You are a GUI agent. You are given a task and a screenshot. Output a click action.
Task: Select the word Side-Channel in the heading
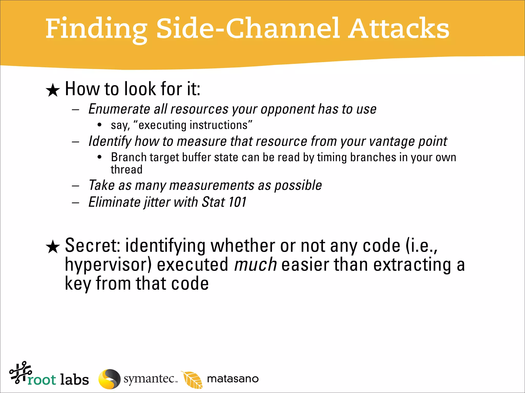[x=247, y=29]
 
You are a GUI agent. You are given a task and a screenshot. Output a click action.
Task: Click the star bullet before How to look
[x=53, y=90]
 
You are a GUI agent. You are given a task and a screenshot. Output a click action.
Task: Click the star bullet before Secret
[x=53, y=247]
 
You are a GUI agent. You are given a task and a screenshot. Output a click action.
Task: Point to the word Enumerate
[x=119, y=109]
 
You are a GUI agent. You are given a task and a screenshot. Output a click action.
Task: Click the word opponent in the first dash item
[x=288, y=110]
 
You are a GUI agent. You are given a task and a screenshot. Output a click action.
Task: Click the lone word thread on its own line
[x=126, y=170]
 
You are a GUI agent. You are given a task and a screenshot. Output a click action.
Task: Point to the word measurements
[x=212, y=185]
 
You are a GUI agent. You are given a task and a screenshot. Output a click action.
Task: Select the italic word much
[x=255, y=265]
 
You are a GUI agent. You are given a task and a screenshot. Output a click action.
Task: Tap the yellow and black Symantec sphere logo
[x=109, y=379]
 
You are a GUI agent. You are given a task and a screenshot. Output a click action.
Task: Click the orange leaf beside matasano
[x=192, y=379]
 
